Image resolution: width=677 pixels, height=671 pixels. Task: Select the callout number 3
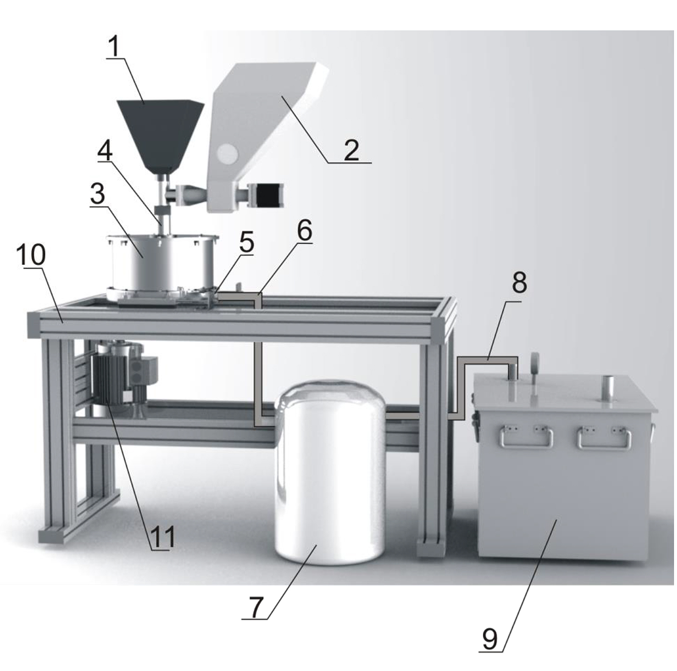click(98, 194)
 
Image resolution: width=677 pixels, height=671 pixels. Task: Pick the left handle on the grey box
click(526, 437)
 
